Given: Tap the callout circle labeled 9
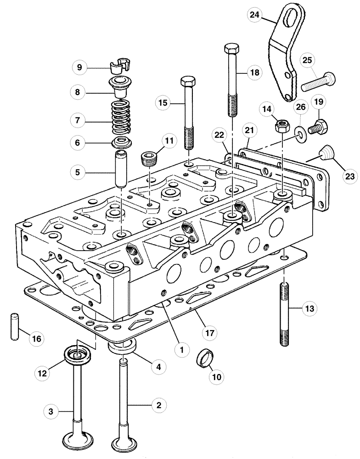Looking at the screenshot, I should coord(79,67).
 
